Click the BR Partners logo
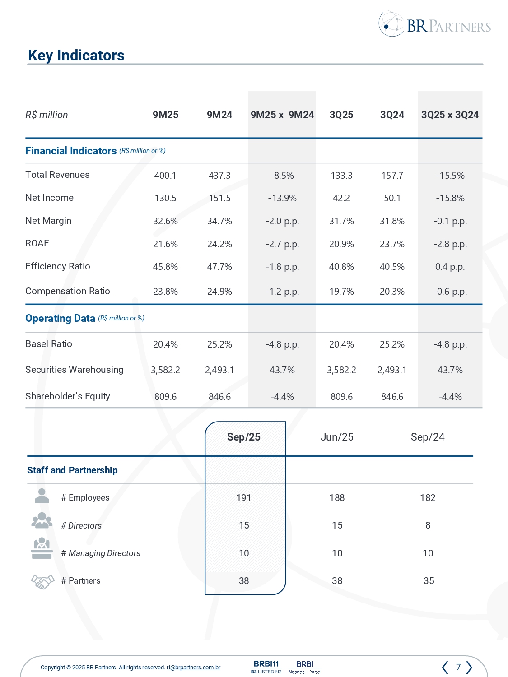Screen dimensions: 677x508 pyautogui.click(x=435, y=25)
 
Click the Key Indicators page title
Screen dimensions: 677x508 pyautogui.click(x=76, y=56)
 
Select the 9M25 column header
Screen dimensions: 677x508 pyautogui.click(x=165, y=115)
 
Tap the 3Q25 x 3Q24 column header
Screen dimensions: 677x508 pyautogui.click(x=450, y=115)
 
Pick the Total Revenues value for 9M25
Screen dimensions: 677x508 pyautogui.click(x=165, y=176)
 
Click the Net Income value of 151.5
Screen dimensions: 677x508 pyautogui.click(x=219, y=198)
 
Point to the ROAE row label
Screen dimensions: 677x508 pyautogui.click(x=37, y=244)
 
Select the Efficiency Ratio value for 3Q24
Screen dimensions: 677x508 pyautogui.click(x=392, y=267)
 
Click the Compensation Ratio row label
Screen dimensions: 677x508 pyautogui.click(x=68, y=291)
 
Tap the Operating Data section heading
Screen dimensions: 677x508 pyautogui.click(x=60, y=319)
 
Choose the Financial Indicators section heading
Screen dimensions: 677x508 pyautogui.click(x=71, y=151)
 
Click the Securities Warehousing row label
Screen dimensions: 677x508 pyautogui.click(x=75, y=370)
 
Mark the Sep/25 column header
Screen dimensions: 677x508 pyautogui.click(x=244, y=437)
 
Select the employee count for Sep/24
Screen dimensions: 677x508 pyautogui.click(x=428, y=498)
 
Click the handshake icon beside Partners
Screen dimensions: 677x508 pyautogui.click(x=42, y=581)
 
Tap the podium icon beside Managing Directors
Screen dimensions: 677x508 pyautogui.click(x=42, y=548)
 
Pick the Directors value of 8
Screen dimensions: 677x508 pyautogui.click(x=428, y=525)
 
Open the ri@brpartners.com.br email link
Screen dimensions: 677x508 pyautogui.click(x=193, y=668)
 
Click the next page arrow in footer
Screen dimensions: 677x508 pyautogui.click(x=469, y=667)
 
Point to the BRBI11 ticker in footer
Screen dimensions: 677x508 pyautogui.click(x=266, y=664)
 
